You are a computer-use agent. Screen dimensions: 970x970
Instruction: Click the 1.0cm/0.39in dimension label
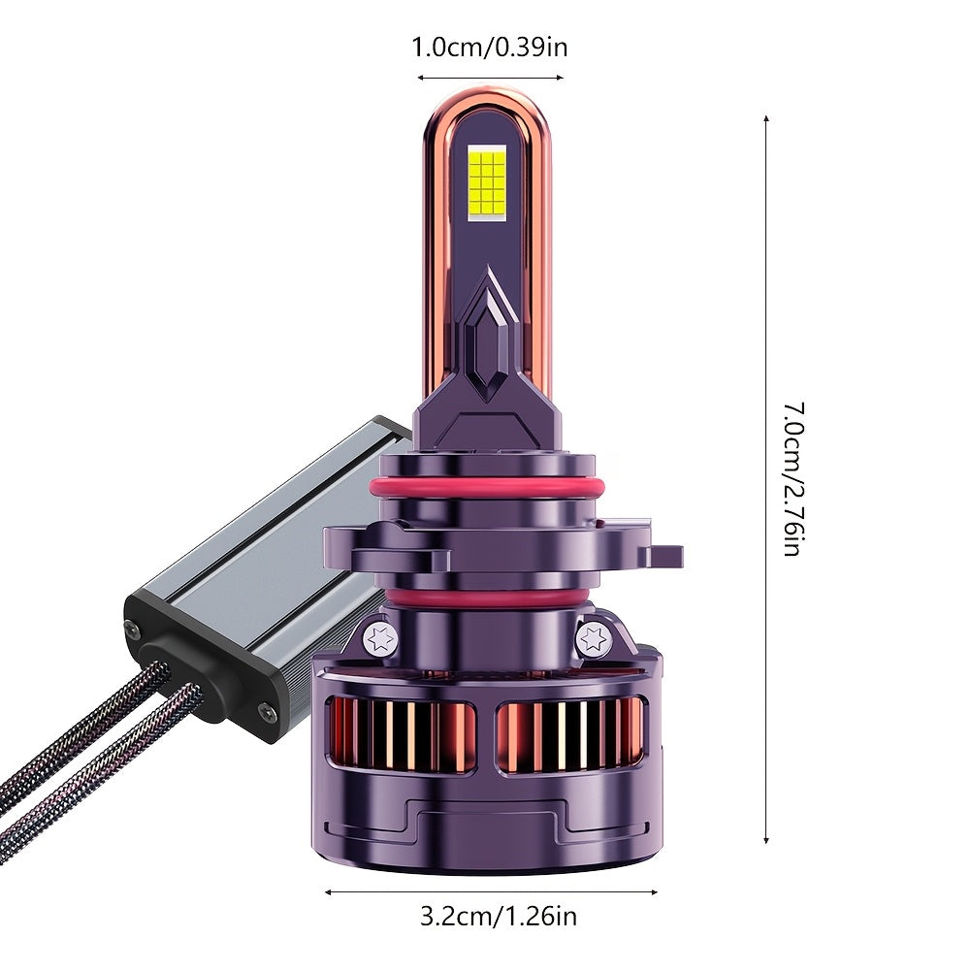tap(489, 48)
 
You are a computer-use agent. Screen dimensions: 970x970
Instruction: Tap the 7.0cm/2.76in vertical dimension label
tap(793, 479)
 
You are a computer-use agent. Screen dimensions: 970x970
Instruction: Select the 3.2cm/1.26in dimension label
tap(498, 916)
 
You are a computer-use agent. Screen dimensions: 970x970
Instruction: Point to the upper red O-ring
tap(487, 488)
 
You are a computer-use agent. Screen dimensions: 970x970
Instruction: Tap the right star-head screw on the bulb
tap(593, 638)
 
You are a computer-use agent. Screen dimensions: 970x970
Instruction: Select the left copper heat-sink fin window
tap(402, 735)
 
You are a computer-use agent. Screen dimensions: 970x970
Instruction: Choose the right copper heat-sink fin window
tap(571, 735)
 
